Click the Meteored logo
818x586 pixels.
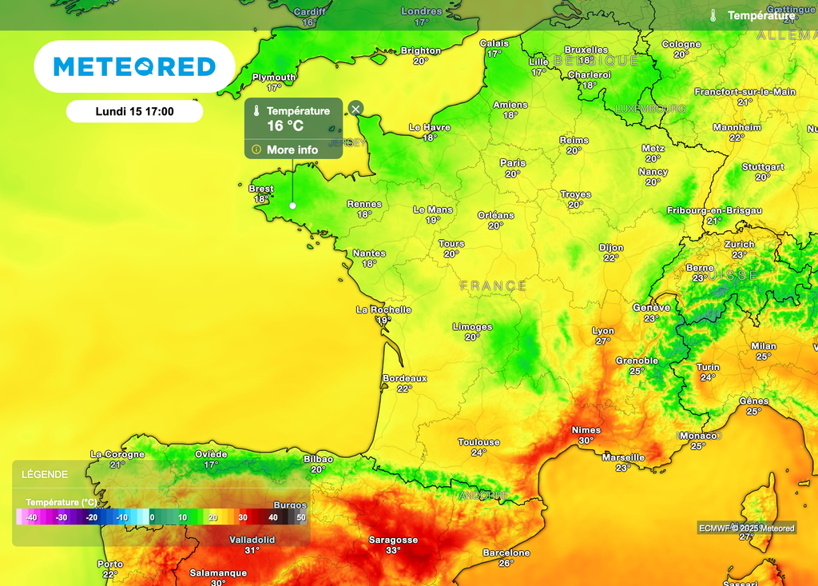pos(134,66)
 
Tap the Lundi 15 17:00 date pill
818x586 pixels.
pos(134,112)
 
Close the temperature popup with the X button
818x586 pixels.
pos(356,109)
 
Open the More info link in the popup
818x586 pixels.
pos(292,149)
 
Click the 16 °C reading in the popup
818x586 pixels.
pos(285,126)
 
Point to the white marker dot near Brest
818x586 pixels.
pos(292,205)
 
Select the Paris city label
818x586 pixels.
pos(513,163)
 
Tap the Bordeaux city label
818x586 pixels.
pos(405,378)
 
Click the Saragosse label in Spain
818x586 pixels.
pos(393,540)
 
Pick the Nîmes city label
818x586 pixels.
pos(586,430)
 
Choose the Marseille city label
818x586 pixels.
pos(623,458)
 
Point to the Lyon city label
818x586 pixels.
pos(603,331)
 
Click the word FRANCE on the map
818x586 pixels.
pos(493,285)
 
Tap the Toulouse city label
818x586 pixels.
pos(478,442)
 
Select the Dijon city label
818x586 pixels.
pos(611,248)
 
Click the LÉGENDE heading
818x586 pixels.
pos(45,474)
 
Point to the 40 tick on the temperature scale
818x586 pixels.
pos(273,518)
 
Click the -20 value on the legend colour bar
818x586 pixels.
pos(92,518)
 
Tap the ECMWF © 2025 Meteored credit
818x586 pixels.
pos(747,528)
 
